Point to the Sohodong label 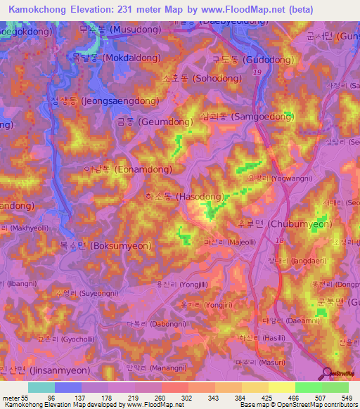pyautogui.click(x=196, y=78)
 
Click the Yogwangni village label pyautogui.click(x=276, y=178)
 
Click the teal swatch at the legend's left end pyautogui.click(x=41, y=387)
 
